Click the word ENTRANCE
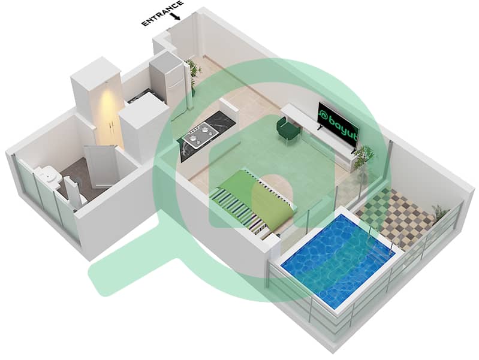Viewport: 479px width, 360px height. click(162, 13)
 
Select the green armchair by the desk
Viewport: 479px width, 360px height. click(288, 129)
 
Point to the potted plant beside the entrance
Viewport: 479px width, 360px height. click(193, 72)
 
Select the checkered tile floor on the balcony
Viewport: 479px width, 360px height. click(394, 216)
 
